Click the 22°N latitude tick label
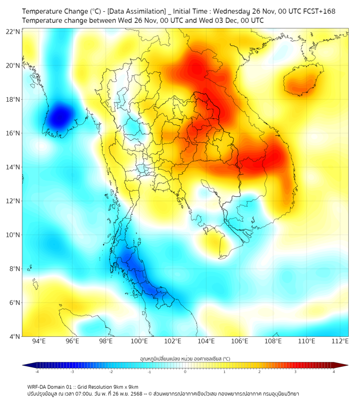point(13,31)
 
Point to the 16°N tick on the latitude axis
point(13,133)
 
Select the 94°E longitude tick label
point(39,341)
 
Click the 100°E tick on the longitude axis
point(140,341)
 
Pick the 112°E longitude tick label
point(340,341)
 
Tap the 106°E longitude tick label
point(240,341)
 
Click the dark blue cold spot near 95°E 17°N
point(60,116)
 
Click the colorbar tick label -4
point(37,371)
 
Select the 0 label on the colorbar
point(185,371)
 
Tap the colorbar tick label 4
point(334,371)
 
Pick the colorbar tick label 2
point(260,371)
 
